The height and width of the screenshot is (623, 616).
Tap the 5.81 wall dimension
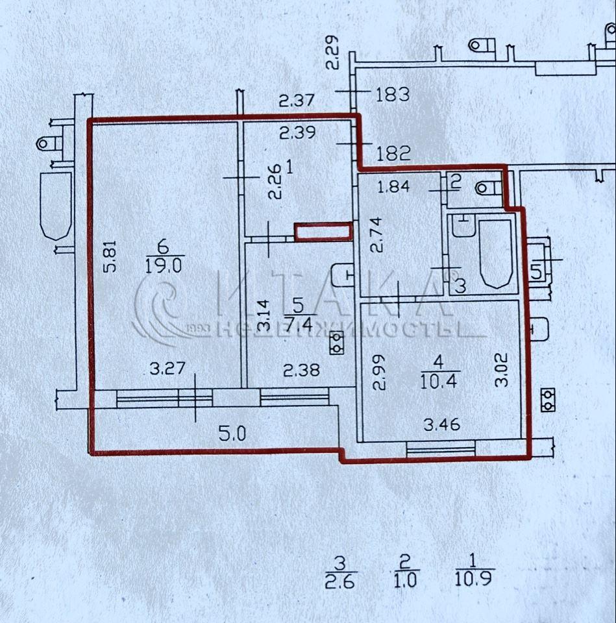click(110, 256)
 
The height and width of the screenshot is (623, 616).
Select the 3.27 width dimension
click(167, 369)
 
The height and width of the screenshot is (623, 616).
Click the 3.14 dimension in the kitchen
click(264, 316)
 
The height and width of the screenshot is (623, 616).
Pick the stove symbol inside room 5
click(337, 344)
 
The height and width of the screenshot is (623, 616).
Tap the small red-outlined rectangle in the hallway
click(323, 232)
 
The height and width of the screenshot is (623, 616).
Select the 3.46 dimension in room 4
click(442, 424)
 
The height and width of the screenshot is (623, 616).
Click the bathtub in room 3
click(495, 254)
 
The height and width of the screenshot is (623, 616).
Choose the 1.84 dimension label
click(393, 187)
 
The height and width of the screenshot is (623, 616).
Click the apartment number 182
click(393, 154)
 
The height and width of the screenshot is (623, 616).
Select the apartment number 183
click(393, 95)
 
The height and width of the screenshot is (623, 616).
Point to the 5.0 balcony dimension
click(232, 434)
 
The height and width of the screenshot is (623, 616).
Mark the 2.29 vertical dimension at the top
click(332, 53)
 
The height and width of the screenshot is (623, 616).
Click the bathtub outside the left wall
click(56, 206)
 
